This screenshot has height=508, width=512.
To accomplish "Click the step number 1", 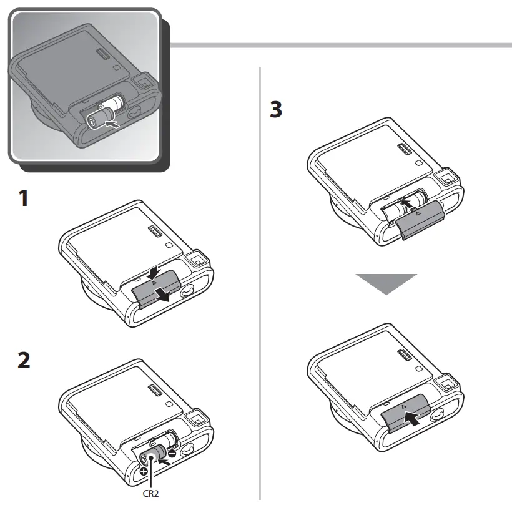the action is coord(24,198).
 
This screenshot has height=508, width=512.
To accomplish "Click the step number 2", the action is coord(24,360).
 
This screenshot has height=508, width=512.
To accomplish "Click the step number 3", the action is coord(276,109).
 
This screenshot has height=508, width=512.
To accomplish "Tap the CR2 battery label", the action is coord(151,493).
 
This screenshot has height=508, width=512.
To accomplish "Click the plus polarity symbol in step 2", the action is coord(144,471).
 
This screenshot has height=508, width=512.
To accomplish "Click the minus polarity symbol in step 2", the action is coord(172,453).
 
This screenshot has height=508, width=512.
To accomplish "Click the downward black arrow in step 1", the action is coord(153,273).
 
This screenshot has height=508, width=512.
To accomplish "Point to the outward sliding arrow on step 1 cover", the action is coord(162,295).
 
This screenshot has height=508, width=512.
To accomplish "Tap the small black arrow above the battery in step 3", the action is coord(406,205).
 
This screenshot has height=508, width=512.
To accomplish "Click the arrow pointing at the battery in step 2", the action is coord(164,461).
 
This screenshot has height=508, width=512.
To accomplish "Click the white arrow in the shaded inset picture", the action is coord(112,124).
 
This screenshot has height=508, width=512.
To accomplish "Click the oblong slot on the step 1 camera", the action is coord(155,232).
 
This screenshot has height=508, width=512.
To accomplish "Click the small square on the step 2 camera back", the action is coord(169,404).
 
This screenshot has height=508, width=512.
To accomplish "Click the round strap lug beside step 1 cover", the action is coord(187,290).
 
